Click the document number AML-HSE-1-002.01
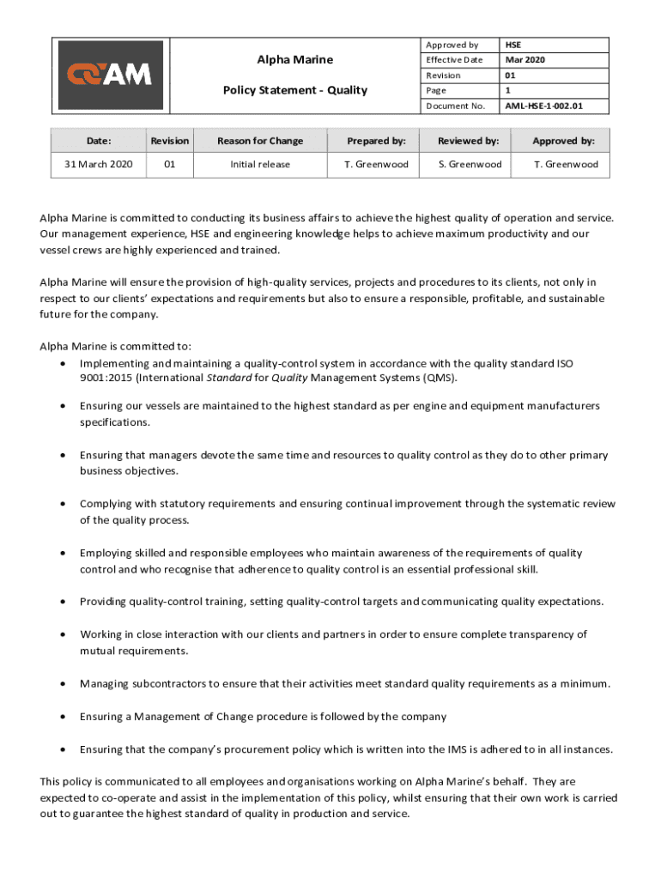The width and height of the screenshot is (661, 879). [543, 106]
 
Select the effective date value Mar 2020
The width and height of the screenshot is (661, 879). [525, 60]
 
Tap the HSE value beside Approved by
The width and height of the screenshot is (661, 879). [513, 45]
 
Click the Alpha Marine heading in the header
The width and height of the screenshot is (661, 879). [295, 59]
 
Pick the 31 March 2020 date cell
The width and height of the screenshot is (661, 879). [99, 164]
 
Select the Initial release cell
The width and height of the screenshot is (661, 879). [260, 164]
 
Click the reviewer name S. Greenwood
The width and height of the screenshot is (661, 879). [470, 164]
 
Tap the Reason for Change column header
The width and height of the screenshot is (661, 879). [260, 141]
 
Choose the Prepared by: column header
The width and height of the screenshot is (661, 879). [376, 141]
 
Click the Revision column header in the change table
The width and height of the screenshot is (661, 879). [170, 141]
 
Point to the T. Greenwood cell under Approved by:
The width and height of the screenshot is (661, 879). [566, 164]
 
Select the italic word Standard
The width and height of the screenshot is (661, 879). [229, 378]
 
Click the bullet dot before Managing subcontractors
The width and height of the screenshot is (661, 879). [64, 684]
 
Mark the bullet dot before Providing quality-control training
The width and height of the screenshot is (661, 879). [64, 602]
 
